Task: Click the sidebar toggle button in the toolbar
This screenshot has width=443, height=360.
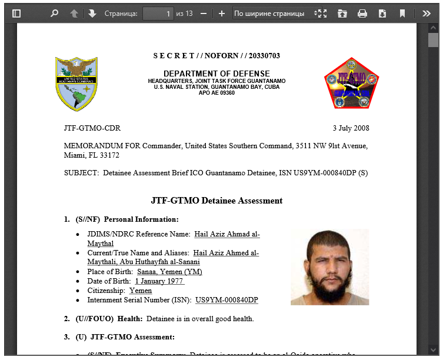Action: coord(16,13)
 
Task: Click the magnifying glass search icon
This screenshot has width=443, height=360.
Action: coord(55,13)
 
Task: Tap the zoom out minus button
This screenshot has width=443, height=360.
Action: coord(204,13)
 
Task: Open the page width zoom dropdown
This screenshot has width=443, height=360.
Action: coord(278,13)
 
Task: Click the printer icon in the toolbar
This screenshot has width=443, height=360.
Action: coord(362,13)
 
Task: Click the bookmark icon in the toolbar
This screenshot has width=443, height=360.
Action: coord(402,13)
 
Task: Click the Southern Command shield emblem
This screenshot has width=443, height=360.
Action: coord(76,84)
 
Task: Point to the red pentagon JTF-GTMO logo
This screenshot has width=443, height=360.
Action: coord(352,84)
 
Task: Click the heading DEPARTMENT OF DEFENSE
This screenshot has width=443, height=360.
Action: coord(216,74)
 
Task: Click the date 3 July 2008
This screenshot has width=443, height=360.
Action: coord(351,128)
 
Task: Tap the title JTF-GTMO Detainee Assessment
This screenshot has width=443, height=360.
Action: coord(216,201)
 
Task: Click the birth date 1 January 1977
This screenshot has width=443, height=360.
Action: coord(159,281)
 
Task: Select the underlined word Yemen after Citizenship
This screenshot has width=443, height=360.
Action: coord(141,291)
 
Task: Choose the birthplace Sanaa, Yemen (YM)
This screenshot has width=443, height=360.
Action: coord(169,272)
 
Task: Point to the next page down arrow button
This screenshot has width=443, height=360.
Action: coord(92,13)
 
